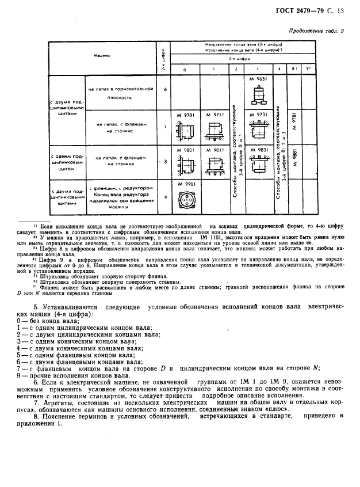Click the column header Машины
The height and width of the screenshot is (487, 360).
click(x=102, y=56)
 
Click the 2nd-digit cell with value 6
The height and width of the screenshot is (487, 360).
click(x=165, y=89)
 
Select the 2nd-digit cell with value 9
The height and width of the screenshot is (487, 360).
click(x=165, y=197)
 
